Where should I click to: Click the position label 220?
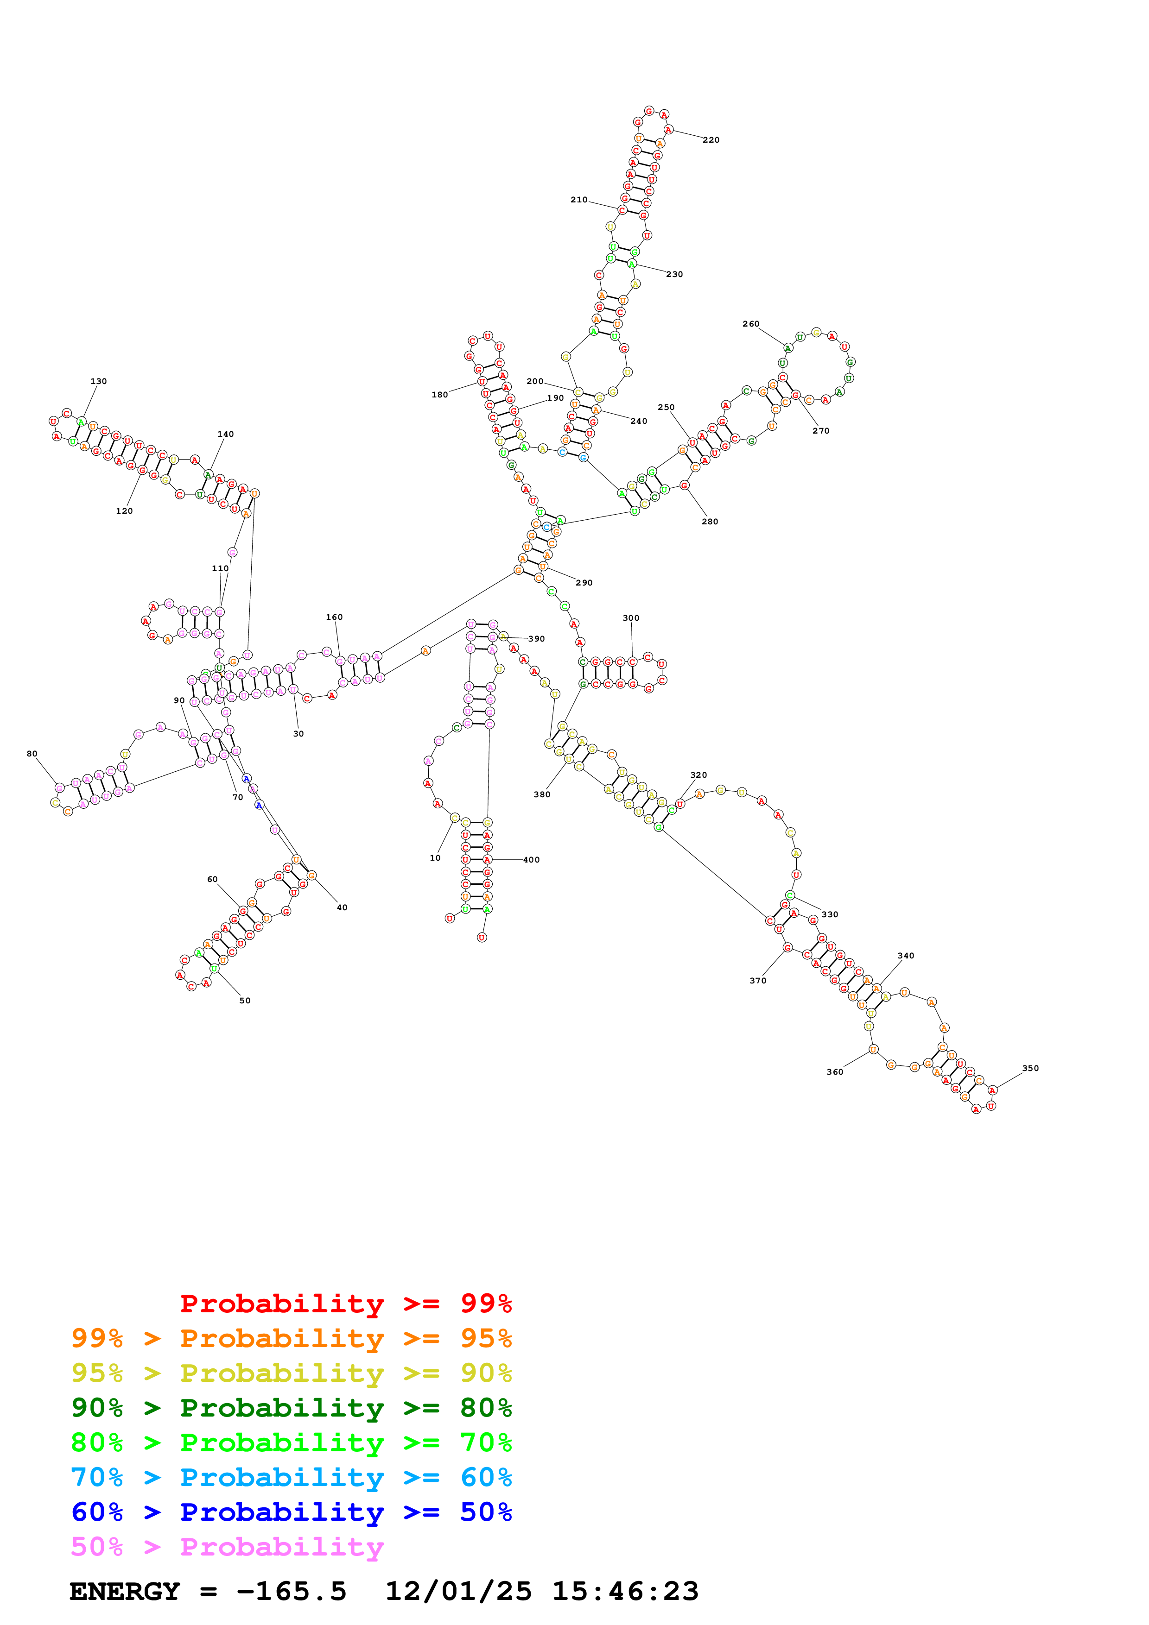pyautogui.click(x=711, y=140)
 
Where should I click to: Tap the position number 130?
pyautogui.click(x=98, y=382)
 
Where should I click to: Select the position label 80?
pyautogui.click(x=32, y=754)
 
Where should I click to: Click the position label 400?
pyautogui.click(x=531, y=860)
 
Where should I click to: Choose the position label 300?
pyautogui.click(x=631, y=618)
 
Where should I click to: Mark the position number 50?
pyautogui.click(x=245, y=1001)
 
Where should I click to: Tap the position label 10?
pyautogui.click(x=435, y=858)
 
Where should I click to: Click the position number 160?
pyautogui.click(x=334, y=617)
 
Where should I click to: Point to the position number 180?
pyautogui.click(x=440, y=395)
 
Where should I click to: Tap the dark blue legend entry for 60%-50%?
pyautogui.click(x=291, y=1512)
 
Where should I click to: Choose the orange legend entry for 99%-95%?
pyautogui.click(x=291, y=1338)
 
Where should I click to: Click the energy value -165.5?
pyautogui.click(x=291, y=1592)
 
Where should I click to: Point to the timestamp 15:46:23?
pyautogui.click(x=625, y=1592)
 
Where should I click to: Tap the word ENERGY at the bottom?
pyautogui.click(x=125, y=1592)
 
